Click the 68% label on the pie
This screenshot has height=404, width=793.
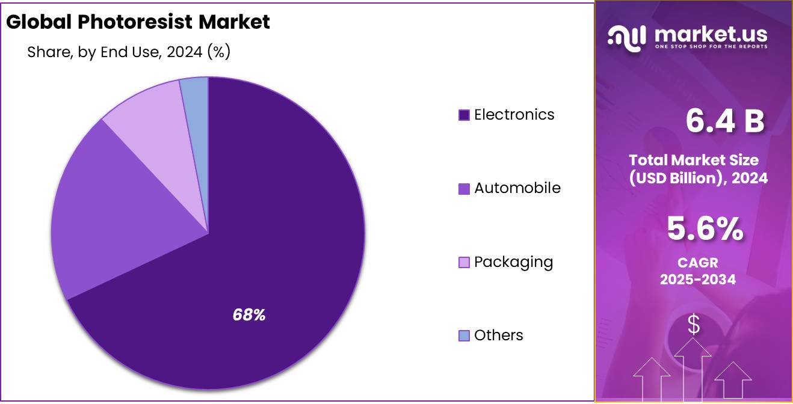(x=249, y=314)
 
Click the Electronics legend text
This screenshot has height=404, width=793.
(x=514, y=114)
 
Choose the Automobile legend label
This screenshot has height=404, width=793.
(x=517, y=188)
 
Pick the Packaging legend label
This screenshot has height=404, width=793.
(x=513, y=262)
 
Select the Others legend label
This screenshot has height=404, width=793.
(x=498, y=335)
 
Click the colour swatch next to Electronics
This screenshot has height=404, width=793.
(x=464, y=115)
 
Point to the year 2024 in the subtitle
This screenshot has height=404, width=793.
(x=185, y=52)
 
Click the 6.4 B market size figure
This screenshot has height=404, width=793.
(x=725, y=121)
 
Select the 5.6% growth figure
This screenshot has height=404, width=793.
(x=705, y=229)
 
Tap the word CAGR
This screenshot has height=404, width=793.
(x=698, y=263)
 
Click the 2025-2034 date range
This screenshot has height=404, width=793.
(x=698, y=279)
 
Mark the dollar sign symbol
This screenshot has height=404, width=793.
(x=694, y=325)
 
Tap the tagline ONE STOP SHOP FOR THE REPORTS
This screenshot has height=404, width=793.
(x=711, y=47)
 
